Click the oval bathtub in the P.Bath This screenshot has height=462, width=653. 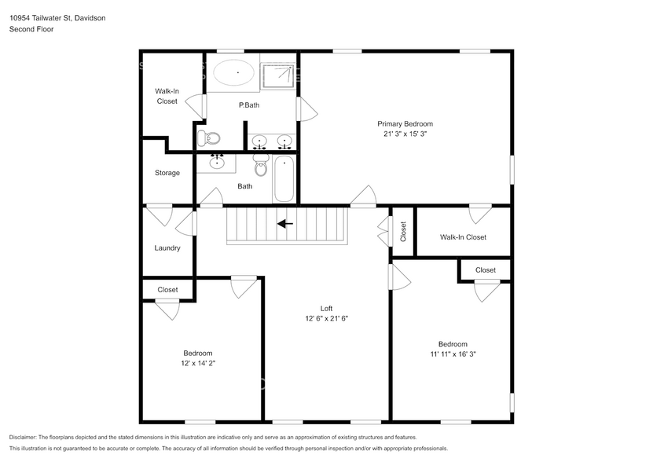pos(233,73)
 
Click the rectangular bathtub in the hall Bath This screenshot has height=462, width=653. pos(284,179)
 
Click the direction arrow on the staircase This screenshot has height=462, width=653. pos(284,223)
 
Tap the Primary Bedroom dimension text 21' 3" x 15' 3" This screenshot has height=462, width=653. pos(405,134)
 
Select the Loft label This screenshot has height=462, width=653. pos(326,308)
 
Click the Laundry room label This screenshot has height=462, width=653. pos(167,248)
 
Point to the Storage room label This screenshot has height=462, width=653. pos(167,173)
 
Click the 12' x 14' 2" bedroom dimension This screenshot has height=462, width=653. pos(198,364)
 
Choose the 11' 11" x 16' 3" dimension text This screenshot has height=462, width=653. pos(453,354)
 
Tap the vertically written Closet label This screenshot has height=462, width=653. pos(403,231)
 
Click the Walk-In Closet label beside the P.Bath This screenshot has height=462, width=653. pos(167,96)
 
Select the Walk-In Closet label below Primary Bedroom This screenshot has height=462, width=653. pos(463,237)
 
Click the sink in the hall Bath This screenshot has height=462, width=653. pos(217,163)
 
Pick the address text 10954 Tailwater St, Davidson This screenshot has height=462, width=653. pos(59,18)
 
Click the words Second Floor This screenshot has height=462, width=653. pos(32,29)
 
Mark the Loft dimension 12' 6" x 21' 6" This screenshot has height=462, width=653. pos(326,318)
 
